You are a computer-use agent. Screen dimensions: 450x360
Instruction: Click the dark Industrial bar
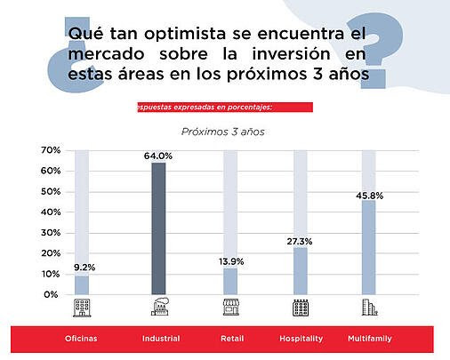coord(158,228)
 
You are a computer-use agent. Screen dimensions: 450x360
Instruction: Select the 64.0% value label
coord(158,156)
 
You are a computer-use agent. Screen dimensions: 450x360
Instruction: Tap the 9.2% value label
coord(84,268)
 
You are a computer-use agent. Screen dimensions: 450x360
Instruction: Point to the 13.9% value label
coord(231,261)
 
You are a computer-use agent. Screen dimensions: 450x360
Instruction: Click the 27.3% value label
coord(300,242)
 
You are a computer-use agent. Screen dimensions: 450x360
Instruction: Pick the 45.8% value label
coord(370,196)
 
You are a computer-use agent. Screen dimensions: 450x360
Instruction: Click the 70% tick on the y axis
coord(51,150)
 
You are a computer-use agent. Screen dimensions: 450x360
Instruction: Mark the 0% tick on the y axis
coord(51,294)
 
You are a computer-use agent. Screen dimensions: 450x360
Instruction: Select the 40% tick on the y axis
coord(51,212)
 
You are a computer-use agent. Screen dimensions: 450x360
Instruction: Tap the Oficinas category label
coord(81,339)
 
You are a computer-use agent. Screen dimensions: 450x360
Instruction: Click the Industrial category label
coord(161,339)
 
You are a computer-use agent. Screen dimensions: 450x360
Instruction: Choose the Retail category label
coord(232,339)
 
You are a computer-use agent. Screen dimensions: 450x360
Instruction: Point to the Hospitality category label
coord(301,339)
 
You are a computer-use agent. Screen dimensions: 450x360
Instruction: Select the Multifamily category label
coord(370,339)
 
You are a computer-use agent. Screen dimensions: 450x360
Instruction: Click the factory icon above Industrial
coord(160,307)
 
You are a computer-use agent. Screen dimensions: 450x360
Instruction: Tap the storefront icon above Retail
coord(231,307)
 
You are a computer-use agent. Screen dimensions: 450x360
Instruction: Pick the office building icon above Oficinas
coord(82,308)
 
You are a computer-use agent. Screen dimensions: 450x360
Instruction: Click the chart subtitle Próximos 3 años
coord(223,132)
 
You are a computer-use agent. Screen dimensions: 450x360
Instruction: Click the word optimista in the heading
coord(185,34)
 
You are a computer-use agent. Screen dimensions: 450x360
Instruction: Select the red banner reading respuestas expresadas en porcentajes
coord(225,108)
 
